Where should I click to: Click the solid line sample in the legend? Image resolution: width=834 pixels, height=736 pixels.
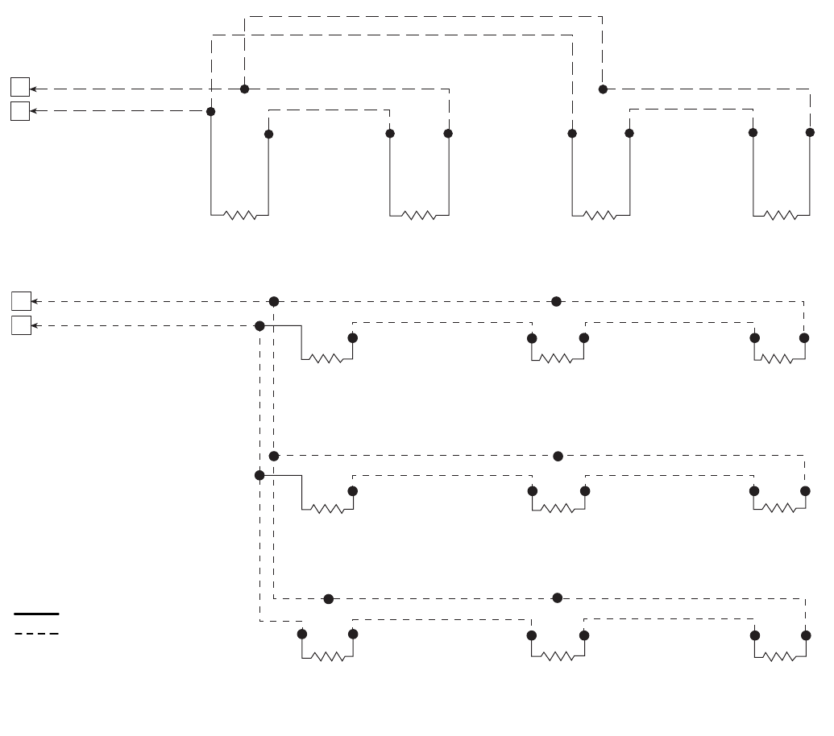pyautogui.click(x=36, y=614)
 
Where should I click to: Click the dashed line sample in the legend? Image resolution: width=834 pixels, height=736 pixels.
pyautogui.click(x=36, y=634)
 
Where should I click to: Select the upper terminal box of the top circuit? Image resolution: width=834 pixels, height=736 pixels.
pyautogui.click(x=20, y=87)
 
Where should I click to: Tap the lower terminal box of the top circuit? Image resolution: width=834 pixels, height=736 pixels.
pyautogui.click(x=20, y=111)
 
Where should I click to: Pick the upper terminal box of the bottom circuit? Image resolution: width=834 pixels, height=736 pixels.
pyautogui.click(x=21, y=301)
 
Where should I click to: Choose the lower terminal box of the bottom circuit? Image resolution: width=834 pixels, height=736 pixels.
pyautogui.click(x=21, y=325)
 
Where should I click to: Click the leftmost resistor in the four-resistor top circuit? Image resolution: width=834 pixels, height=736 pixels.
pyautogui.click(x=239, y=215)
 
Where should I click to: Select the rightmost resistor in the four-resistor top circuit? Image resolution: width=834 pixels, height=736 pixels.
pyautogui.click(x=781, y=215)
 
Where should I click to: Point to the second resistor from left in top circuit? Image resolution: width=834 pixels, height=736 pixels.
pyautogui.click(x=418, y=215)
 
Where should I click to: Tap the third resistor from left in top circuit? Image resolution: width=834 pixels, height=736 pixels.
pyautogui.click(x=600, y=215)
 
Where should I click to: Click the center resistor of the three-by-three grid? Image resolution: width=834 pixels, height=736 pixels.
pyautogui.click(x=558, y=508)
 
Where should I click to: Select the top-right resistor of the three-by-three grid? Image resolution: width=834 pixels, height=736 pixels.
pyautogui.click(x=779, y=358)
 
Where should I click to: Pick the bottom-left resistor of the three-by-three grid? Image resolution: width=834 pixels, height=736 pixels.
pyautogui.click(x=327, y=656)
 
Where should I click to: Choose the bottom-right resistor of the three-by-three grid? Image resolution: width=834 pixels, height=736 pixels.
pyautogui.click(x=780, y=656)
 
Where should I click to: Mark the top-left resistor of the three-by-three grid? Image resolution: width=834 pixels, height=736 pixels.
pyautogui.click(x=326, y=358)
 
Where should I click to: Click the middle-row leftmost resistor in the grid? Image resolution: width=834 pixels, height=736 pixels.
pyautogui.click(x=327, y=508)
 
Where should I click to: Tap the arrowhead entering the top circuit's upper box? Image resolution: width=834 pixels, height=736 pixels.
pyautogui.click(x=34, y=88)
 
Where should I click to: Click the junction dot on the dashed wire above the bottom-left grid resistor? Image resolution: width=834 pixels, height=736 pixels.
pyautogui.click(x=328, y=598)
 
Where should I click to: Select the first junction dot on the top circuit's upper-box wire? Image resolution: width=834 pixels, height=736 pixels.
pyautogui.click(x=244, y=88)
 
